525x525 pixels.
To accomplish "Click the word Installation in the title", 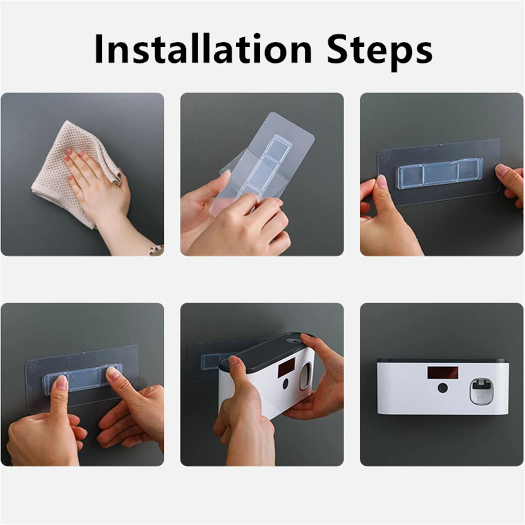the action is [x=203, y=48].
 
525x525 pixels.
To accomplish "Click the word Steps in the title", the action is [x=380, y=52].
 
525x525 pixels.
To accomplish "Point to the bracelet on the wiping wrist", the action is [x=156, y=250].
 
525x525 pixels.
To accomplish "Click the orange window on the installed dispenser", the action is [x=442, y=373].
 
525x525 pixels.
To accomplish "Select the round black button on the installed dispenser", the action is [x=443, y=388].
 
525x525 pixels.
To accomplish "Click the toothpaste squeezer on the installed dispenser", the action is [x=481, y=391].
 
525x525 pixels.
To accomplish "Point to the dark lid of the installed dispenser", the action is [x=442, y=361].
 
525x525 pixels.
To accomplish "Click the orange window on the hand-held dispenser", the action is [x=287, y=365].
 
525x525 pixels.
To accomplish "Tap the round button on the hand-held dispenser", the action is [x=285, y=384].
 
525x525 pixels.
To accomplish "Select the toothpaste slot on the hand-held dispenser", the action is [x=305, y=376].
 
